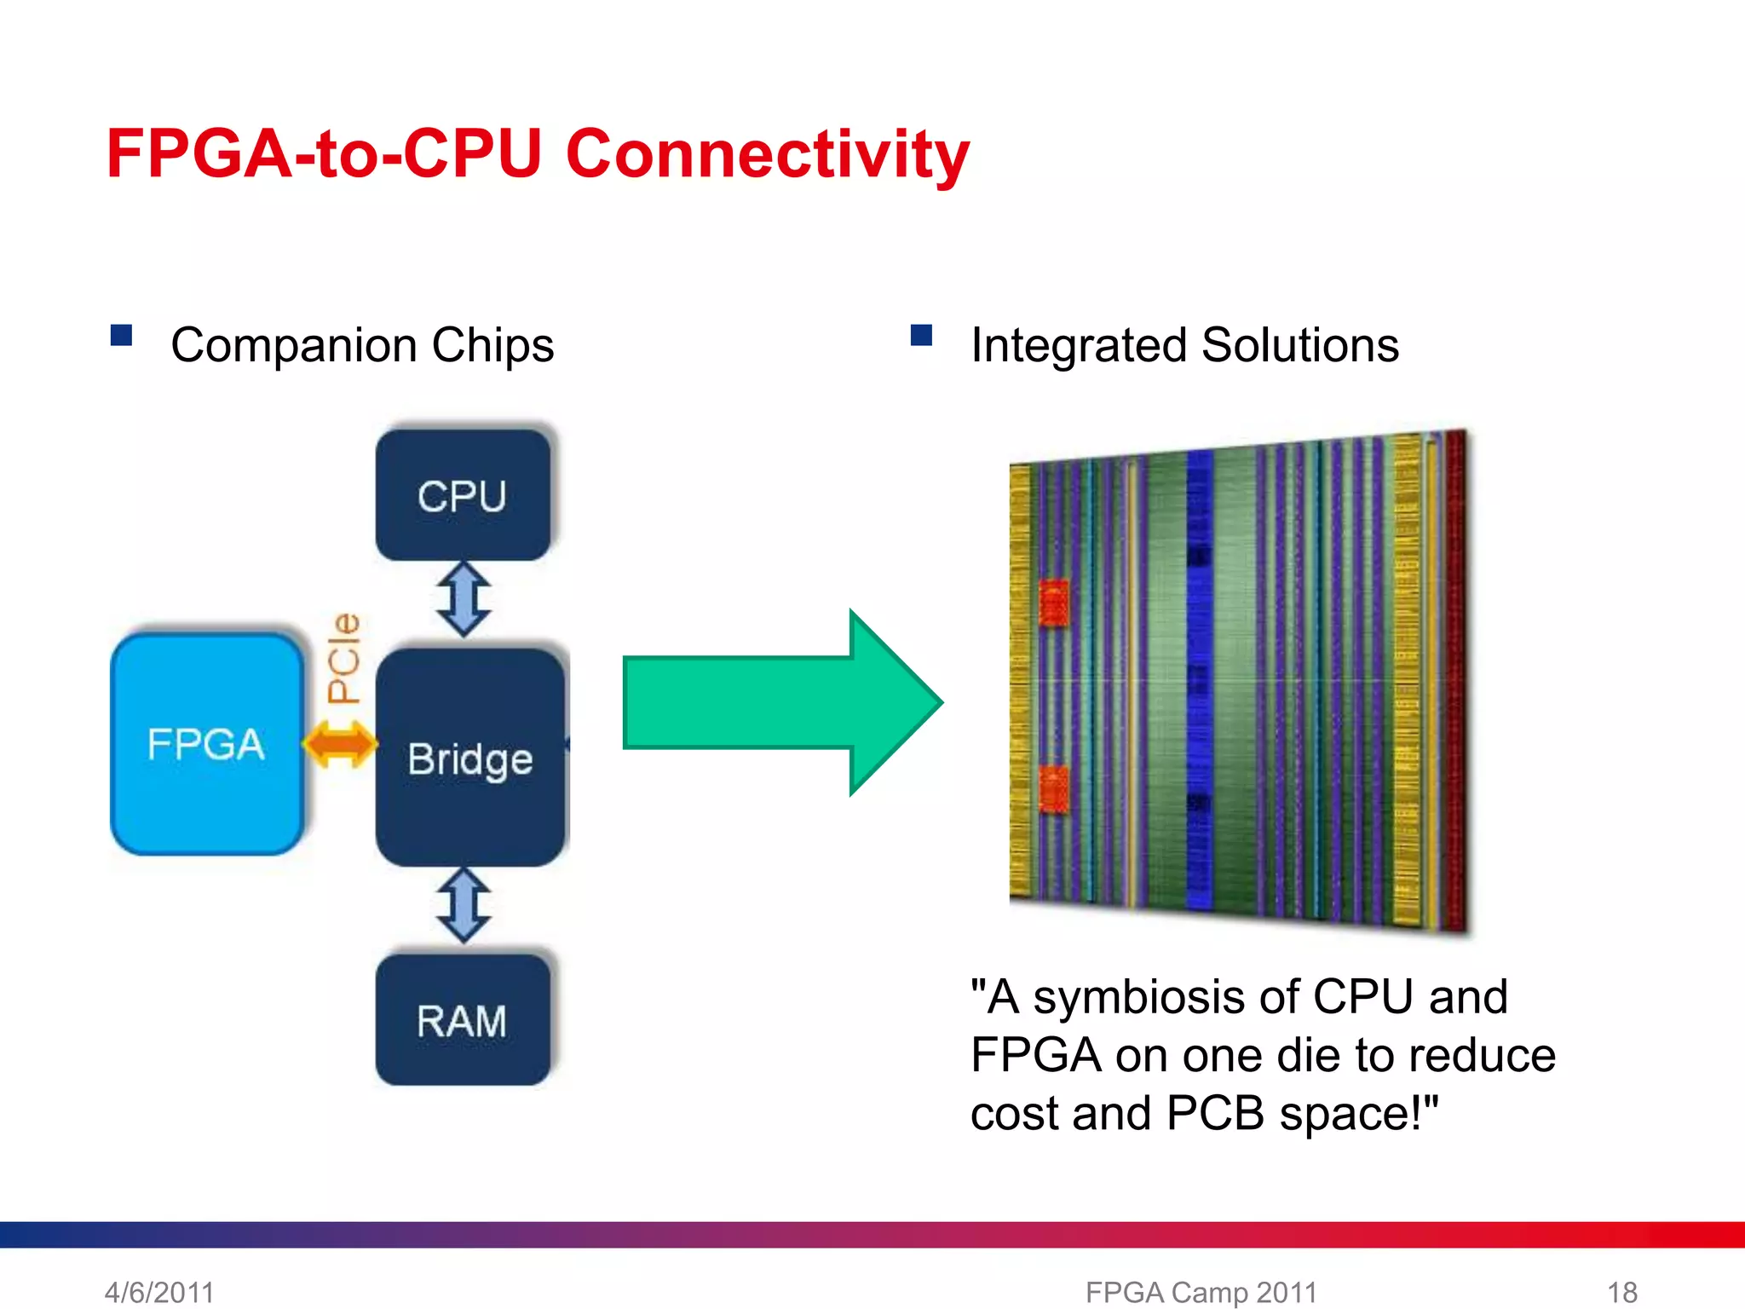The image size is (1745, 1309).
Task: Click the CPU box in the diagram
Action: [x=463, y=495]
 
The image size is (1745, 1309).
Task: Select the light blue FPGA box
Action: [x=207, y=744]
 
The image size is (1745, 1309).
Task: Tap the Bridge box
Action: [x=470, y=758]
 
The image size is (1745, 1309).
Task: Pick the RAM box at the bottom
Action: [x=463, y=1020]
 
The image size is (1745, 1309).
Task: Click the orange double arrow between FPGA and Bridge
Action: [x=340, y=744]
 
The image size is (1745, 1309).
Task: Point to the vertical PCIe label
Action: [x=344, y=658]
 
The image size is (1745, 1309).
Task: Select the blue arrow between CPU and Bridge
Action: [x=464, y=598]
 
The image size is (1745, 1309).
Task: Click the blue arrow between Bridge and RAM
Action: [x=464, y=905]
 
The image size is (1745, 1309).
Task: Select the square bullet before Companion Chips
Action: [x=122, y=335]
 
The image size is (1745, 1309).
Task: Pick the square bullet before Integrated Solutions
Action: [x=921, y=335]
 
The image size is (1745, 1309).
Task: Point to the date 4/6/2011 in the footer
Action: [x=159, y=1292]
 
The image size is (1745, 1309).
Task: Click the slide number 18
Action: [x=1621, y=1292]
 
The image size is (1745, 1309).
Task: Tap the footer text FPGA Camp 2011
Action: [x=1201, y=1292]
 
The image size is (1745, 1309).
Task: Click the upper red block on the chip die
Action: [x=1054, y=603]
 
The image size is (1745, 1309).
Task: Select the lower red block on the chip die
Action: [x=1054, y=789]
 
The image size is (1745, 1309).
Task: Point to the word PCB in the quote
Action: [x=1215, y=1113]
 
